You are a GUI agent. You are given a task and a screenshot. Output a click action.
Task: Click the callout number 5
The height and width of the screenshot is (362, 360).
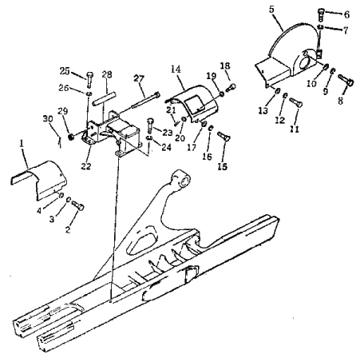coord(271,10)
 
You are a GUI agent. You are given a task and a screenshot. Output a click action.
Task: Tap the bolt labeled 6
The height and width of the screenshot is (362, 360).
coord(321,15)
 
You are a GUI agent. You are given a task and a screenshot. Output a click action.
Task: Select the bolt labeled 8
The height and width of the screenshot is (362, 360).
coord(346,80)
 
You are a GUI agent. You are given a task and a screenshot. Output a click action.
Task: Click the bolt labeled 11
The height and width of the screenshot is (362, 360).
coord(296,102)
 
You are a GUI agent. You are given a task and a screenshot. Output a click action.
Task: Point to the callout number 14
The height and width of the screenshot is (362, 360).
coord(176,70)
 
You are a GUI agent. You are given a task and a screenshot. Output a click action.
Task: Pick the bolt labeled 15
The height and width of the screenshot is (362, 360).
coord(224,136)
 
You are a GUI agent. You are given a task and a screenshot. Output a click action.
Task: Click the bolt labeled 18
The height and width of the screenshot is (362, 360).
coord(231,88)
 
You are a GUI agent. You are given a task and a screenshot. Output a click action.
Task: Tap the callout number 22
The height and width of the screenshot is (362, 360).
coord(86,166)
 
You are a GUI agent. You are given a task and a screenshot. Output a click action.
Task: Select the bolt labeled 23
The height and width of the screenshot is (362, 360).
coord(149,125)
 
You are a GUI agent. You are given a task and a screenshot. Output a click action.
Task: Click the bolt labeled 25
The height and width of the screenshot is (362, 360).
coord(89,79)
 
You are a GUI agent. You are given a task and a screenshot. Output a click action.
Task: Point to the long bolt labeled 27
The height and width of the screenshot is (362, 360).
coord(145,100)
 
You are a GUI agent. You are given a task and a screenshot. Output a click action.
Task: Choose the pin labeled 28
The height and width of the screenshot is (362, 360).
coord(104,98)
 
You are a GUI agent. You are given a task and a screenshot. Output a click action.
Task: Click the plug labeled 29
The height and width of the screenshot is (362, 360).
coord(71,137)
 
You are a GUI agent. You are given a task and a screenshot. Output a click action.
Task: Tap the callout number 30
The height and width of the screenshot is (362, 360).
coord(48,119)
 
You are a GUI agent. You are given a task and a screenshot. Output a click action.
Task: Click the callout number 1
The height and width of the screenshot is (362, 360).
coord(22,144)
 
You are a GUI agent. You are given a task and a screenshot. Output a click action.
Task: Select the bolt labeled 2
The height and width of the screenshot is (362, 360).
coord(78,205)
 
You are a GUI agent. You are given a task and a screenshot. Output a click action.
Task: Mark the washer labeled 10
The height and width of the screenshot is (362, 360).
coord(326,66)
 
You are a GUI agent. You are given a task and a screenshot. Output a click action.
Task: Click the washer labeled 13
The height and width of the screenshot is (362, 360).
coord(277,91)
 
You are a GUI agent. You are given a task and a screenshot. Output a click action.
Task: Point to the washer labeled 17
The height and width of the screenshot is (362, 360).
coord(204,124)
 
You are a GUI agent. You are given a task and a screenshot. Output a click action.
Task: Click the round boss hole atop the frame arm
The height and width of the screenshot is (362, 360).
coord(184,182)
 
